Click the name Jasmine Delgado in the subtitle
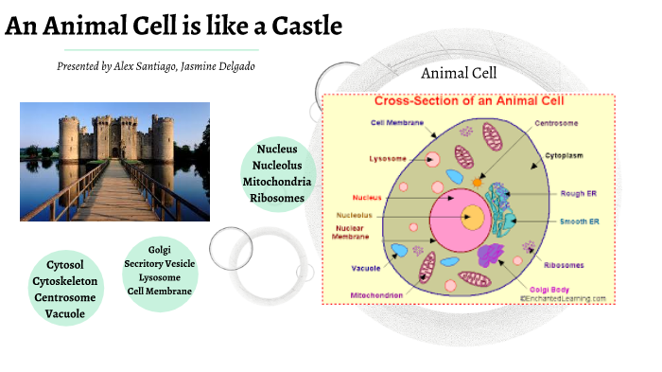tap(218, 67)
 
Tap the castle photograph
tap(114, 161)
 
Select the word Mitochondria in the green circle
tap(277, 182)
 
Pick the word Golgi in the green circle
tap(160, 249)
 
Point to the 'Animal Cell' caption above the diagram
tap(460, 73)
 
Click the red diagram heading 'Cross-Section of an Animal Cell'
tap(469, 101)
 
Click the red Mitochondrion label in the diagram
tap(379, 295)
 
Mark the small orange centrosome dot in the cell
tap(478, 181)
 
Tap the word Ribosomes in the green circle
tap(277, 198)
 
